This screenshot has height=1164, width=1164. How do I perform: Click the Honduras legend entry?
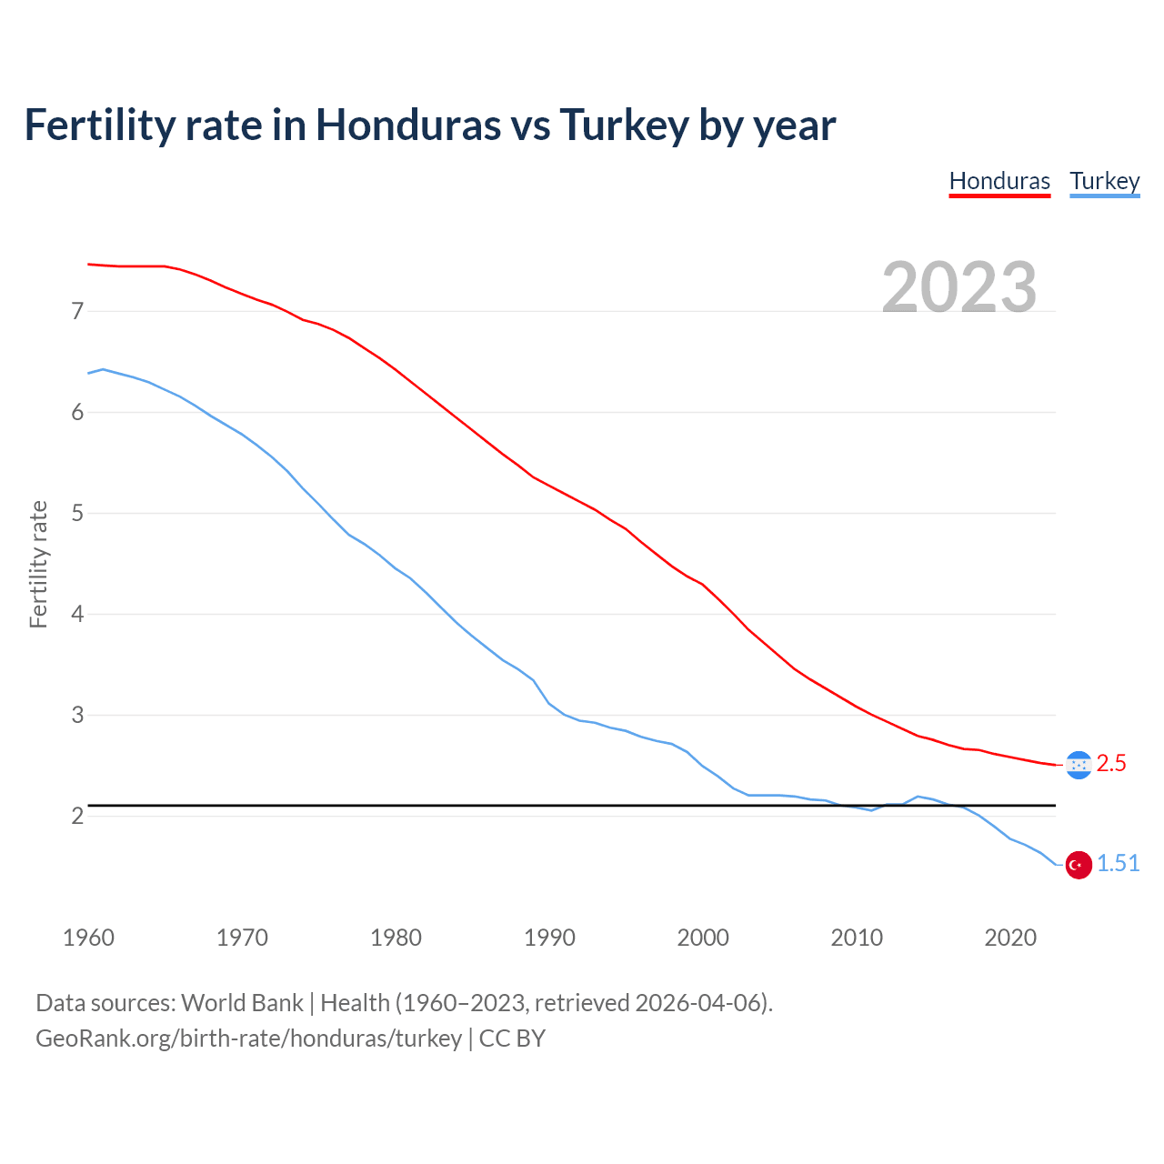click(999, 181)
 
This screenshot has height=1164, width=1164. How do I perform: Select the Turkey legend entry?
click(1104, 181)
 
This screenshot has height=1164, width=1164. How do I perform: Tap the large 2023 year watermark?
click(959, 287)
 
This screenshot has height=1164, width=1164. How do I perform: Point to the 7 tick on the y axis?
click(77, 312)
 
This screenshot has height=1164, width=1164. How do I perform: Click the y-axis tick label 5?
click(77, 514)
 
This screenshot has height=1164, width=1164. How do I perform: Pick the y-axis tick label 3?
click(77, 716)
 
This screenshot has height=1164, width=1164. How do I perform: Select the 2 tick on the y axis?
click(77, 816)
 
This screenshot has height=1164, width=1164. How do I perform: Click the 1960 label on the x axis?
click(88, 938)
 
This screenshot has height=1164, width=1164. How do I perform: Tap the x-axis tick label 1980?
click(396, 938)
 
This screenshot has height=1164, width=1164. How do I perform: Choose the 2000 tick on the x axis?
click(703, 938)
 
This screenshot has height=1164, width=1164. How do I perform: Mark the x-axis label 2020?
click(1010, 938)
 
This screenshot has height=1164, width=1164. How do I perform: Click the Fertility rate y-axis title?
click(38, 564)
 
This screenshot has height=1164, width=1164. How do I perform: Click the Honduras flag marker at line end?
click(1079, 765)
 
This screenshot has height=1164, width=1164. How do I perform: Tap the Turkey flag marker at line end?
click(1079, 865)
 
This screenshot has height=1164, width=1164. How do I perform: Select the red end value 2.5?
click(1111, 764)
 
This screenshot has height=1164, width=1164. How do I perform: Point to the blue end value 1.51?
click(1118, 864)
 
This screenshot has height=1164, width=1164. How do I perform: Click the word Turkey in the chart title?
click(624, 125)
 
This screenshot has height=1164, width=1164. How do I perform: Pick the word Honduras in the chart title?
click(407, 125)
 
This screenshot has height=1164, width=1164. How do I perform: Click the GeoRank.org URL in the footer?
click(248, 1039)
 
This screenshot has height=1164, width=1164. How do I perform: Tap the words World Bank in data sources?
click(242, 1003)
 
